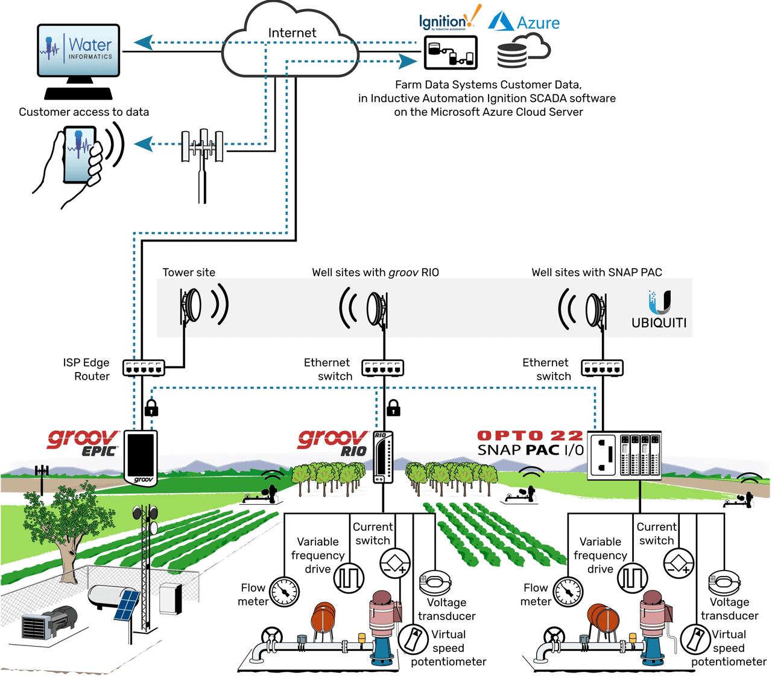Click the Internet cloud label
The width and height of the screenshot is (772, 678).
pyautogui.click(x=292, y=33)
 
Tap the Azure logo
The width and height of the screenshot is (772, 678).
pyautogui.click(x=524, y=22)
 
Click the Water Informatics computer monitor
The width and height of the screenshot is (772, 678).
pyautogui.click(x=78, y=51)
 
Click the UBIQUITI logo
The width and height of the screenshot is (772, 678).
pyautogui.click(x=659, y=310)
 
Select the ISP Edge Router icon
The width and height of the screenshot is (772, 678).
pyautogui.click(x=144, y=368)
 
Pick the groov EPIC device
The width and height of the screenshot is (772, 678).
pyautogui.click(x=141, y=457)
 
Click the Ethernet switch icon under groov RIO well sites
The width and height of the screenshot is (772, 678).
pyautogui.click(x=382, y=368)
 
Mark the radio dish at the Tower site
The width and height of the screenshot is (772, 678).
pyautogui.click(x=192, y=305)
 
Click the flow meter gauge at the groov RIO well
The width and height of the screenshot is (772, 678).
pyautogui.click(x=284, y=592)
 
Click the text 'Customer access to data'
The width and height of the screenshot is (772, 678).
pyautogui.click(x=84, y=112)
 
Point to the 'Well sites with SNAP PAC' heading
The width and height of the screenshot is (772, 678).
pyautogui.click(x=596, y=272)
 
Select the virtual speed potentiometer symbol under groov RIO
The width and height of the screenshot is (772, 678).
pyautogui.click(x=413, y=640)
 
